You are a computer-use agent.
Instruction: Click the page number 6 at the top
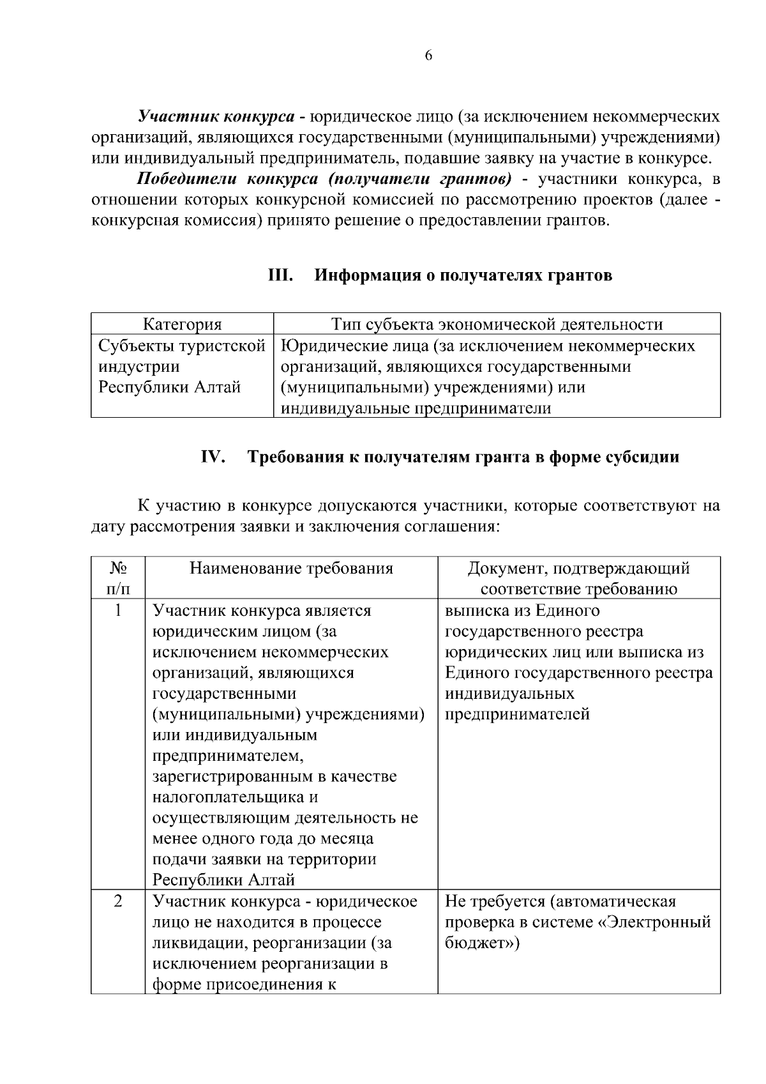tap(428, 56)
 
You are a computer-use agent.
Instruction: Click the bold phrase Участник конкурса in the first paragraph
tap(217, 117)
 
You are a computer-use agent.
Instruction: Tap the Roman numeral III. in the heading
tap(280, 275)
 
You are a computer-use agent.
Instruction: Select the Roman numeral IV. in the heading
tap(213, 457)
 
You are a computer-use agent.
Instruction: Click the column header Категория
tap(182, 324)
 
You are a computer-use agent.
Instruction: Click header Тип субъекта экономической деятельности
tap(497, 324)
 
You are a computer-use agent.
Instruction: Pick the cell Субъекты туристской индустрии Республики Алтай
tap(181, 367)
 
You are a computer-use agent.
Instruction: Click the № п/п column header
tap(118, 578)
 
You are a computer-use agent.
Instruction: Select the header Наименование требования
tap(291, 569)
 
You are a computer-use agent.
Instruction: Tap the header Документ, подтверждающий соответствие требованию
tap(578, 578)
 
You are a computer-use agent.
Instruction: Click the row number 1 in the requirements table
tap(118, 611)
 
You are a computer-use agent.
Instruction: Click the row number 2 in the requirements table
tap(118, 902)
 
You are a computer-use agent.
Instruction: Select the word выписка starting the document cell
tap(477, 611)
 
